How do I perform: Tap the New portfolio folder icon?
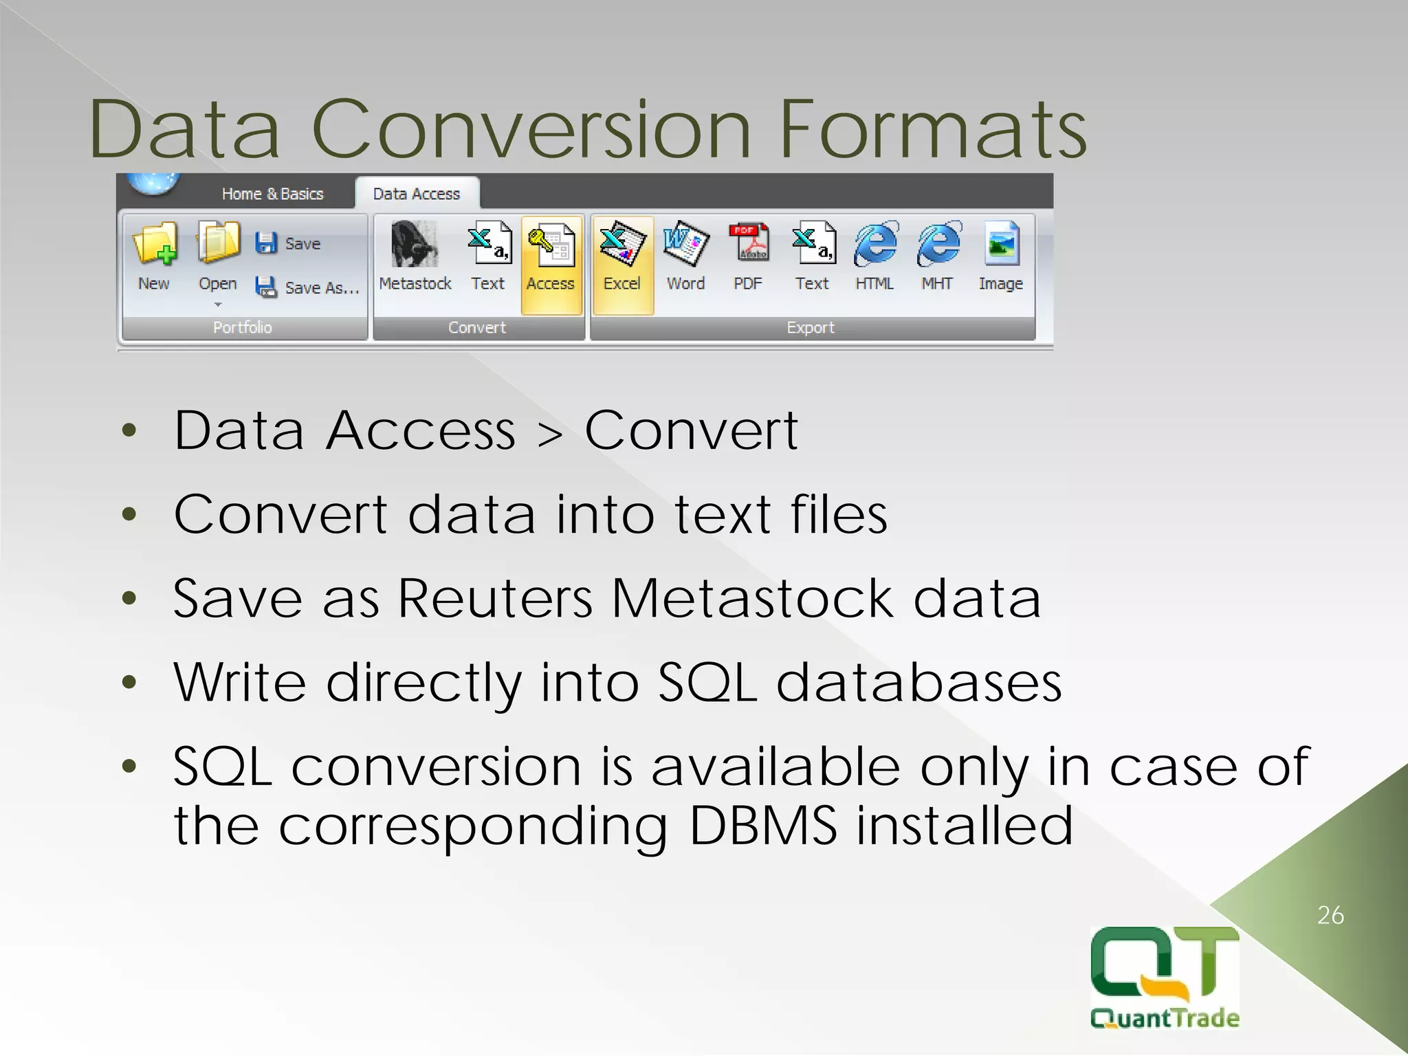click(155, 245)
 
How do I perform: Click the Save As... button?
click(308, 287)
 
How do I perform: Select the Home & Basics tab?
click(272, 194)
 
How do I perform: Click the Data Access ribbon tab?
click(417, 194)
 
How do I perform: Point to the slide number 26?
click(1330, 915)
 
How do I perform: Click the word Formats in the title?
click(933, 130)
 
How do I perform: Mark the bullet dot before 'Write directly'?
click(129, 683)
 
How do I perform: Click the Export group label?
click(811, 328)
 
